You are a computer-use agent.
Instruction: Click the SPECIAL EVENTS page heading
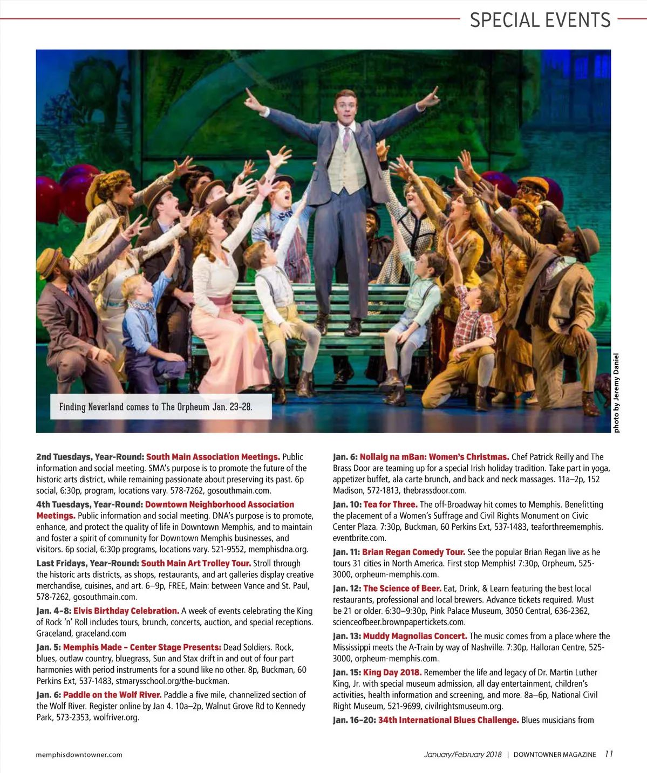coord(540,20)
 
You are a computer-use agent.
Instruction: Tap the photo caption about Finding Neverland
coord(155,407)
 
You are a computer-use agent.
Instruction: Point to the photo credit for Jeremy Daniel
coord(616,393)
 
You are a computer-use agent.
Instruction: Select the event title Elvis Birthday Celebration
coord(126,611)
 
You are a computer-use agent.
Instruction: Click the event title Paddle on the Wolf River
coord(112,695)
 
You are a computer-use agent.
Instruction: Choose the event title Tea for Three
coord(390,504)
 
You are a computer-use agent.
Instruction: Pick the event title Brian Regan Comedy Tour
coord(413,552)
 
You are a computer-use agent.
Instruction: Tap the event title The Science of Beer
coord(402,588)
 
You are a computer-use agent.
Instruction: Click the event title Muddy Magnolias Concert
coord(415,636)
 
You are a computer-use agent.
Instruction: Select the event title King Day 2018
coord(392,672)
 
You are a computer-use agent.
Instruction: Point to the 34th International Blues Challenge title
coord(448,720)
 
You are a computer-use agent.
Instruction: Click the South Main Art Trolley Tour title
coord(196,563)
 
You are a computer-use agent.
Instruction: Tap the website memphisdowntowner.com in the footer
coord(79,755)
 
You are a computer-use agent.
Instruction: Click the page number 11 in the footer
coord(609,754)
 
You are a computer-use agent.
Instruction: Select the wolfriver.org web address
coord(116,717)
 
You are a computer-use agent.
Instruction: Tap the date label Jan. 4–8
coord(53,611)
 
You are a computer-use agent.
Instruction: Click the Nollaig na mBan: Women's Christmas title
coord(434,457)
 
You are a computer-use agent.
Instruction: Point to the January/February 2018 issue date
coord(462,755)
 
